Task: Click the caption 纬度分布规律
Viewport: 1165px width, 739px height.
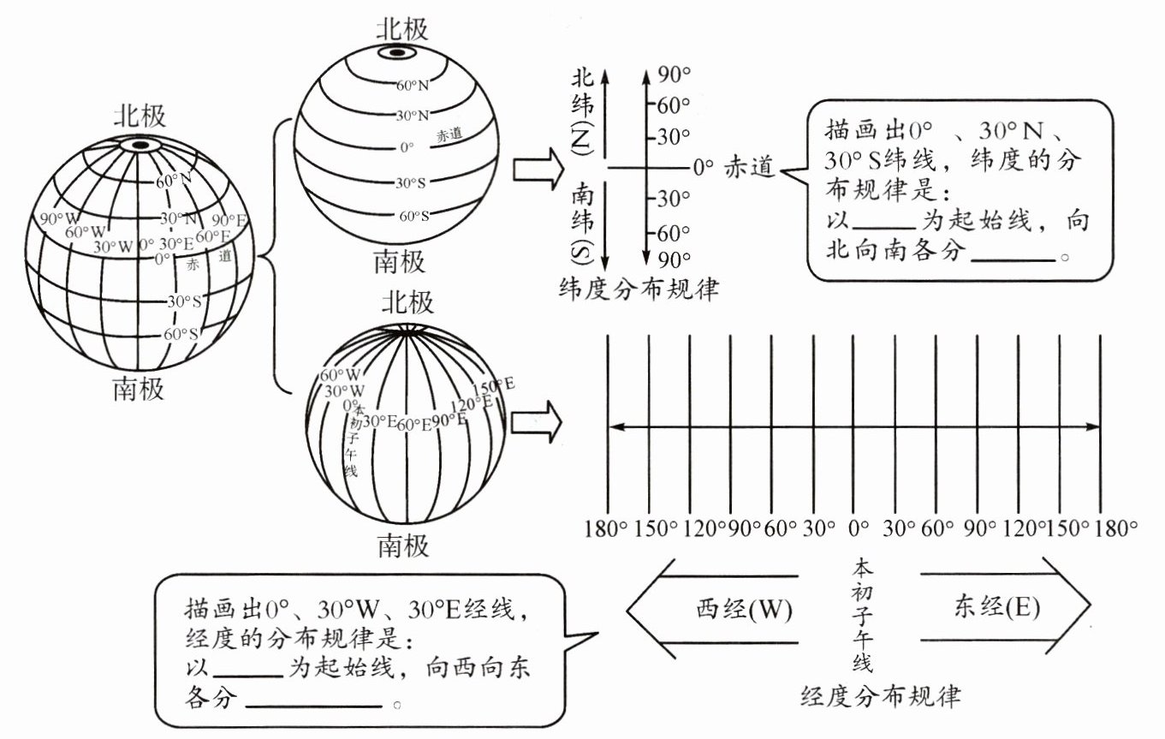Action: [638, 289]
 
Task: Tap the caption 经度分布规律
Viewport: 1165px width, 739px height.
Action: [881, 694]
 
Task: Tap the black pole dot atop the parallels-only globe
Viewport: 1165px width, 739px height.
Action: [396, 54]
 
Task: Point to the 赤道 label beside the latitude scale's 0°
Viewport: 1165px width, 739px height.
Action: [749, 168]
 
